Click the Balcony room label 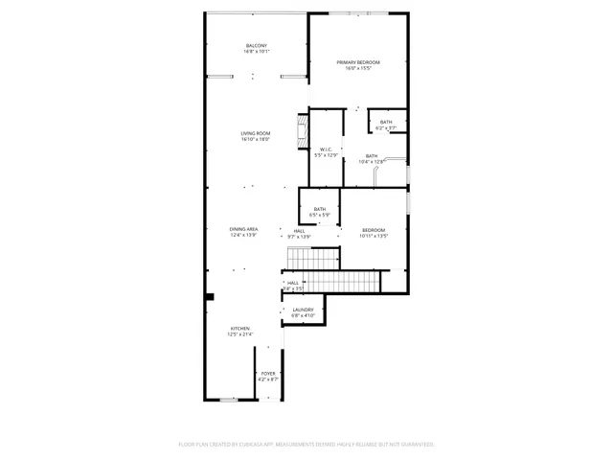pos(256,48)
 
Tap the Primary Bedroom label pos(358,65)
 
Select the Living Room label pos(256,136)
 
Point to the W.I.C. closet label pos(327,151)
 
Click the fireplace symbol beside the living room pos(304,131)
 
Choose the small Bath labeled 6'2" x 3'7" pos(386,125)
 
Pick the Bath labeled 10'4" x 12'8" pos(372,159)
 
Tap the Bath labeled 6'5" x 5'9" pos(320,212)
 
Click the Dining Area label pos(244,232)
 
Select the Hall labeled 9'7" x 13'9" pos(300,234)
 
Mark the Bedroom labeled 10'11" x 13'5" pos(374,233)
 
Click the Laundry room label pos(304,312)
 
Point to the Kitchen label pos(239,332)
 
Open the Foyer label pos(269,377)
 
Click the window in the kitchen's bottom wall pos(230,401)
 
